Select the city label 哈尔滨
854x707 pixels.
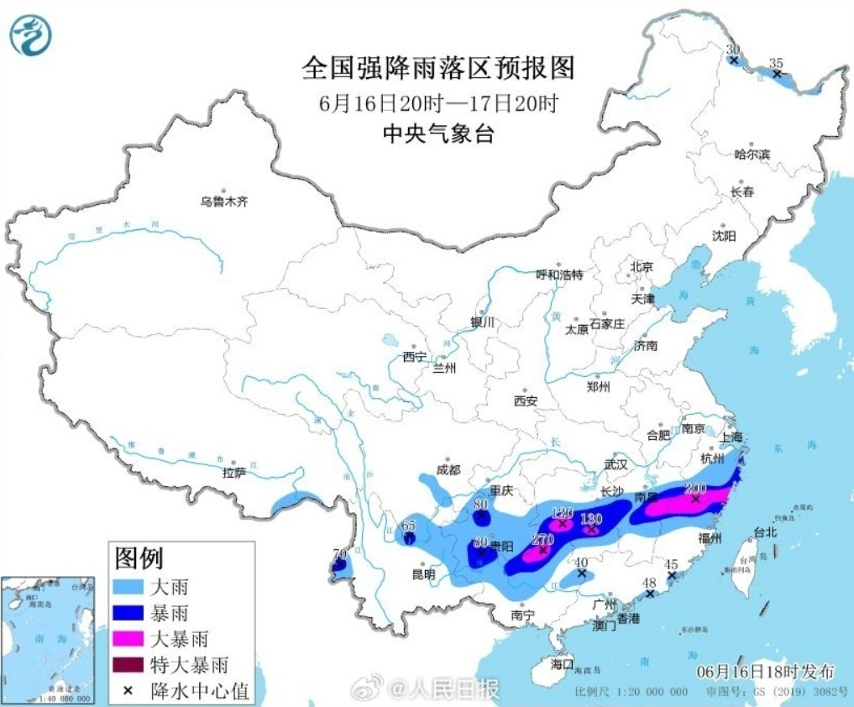coord(752,154)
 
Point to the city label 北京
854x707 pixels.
coord(641,267)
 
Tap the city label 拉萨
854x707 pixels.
coord(234,473)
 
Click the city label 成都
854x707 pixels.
coord(448,469)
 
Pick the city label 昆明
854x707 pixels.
coord(423,575)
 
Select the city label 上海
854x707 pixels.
coord(731,437)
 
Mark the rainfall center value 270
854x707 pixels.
coord(542,540)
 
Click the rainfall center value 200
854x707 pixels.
coord(695,488)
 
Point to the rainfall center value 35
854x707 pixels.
coord(776,63)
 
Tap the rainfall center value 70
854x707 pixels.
coord(339,554)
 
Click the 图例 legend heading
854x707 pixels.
coord(139,557)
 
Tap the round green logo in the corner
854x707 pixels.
coord(31,35)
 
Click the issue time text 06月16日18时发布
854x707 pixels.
coord(766,672)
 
